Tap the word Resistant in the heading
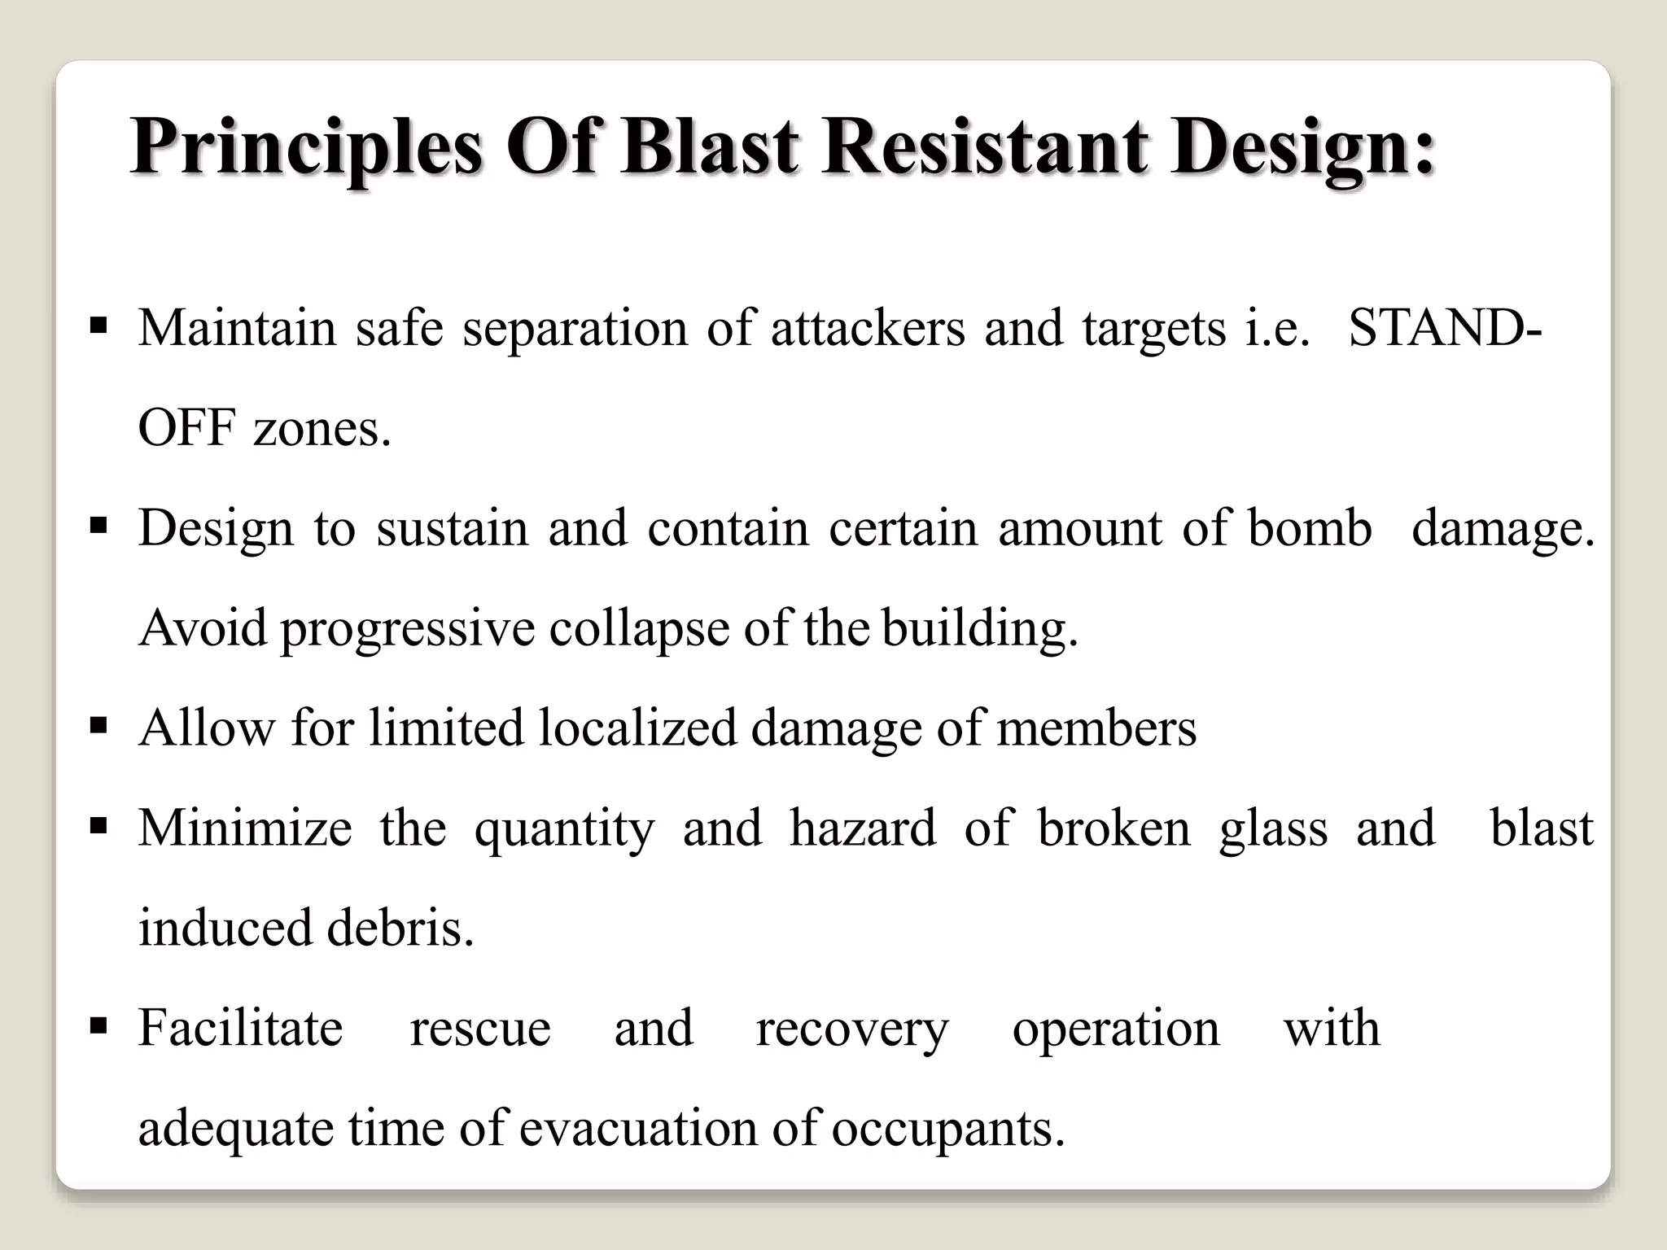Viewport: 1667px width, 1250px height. (x=986, y=147)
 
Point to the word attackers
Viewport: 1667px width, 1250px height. (x=868, y=328)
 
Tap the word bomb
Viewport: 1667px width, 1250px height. (x=1310, y=528)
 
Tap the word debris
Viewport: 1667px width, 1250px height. (x=400, y=928)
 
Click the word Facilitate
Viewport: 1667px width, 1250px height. (x=240, y=1028)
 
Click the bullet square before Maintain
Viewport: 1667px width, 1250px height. (x=98, y=328)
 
